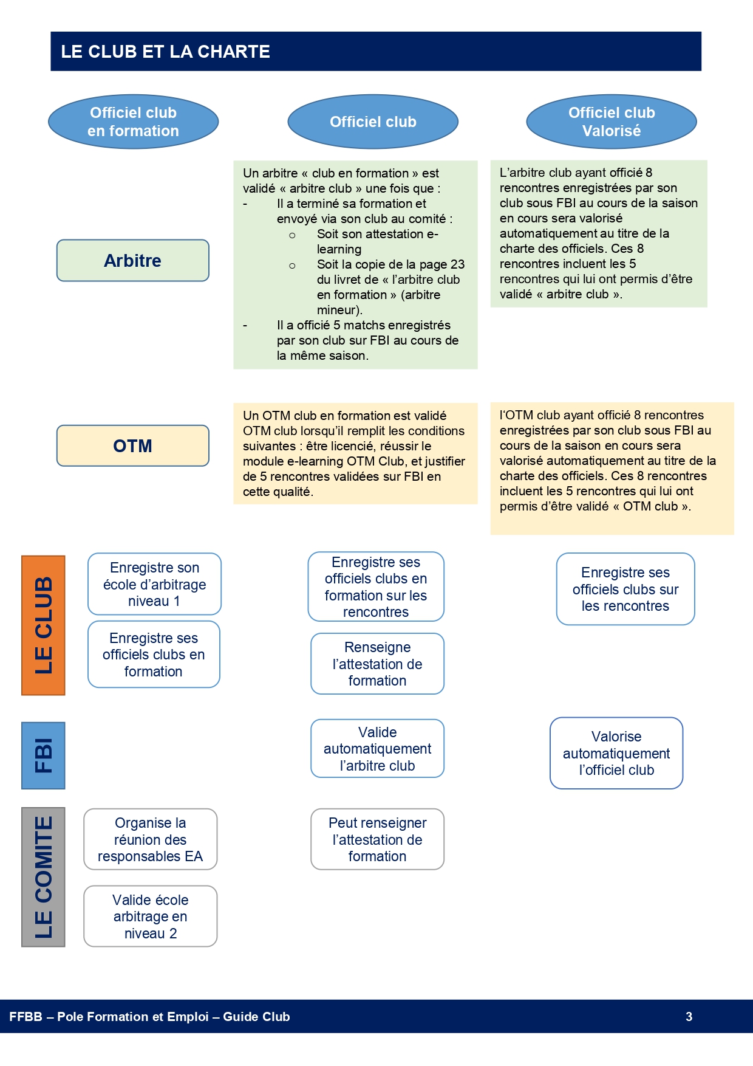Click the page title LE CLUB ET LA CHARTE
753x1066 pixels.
165,52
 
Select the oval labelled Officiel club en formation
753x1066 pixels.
134,122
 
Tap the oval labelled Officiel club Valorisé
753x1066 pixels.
612,122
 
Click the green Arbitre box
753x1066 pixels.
133,260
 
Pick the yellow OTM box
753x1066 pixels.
133,445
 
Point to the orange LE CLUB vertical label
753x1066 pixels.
43,625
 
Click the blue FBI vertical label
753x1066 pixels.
43,755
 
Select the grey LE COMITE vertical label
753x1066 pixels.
43,877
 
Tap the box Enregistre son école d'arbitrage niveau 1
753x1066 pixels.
154,584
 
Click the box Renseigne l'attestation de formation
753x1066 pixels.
378,664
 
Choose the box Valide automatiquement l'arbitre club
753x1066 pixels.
378,749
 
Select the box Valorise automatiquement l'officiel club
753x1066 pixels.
616,753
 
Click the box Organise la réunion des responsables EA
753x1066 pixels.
151,839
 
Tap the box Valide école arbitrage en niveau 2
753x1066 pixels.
151,916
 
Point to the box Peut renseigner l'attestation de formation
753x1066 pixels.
378,839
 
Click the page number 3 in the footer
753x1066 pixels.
689,1017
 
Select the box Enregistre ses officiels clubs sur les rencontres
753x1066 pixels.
625,589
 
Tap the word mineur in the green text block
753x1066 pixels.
338,310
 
